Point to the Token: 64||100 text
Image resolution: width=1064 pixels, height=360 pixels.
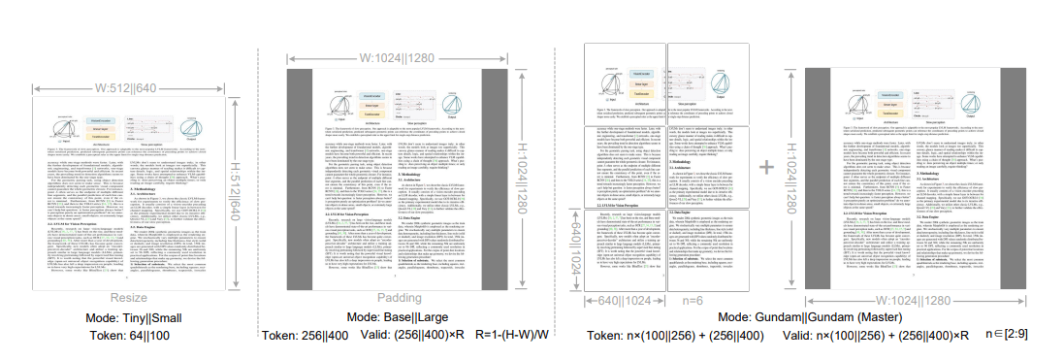(x=128, y=336)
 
